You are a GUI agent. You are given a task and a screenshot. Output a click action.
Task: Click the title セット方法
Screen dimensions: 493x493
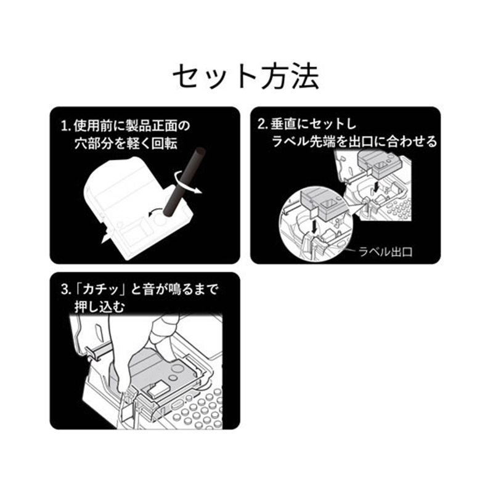tap(245, 77)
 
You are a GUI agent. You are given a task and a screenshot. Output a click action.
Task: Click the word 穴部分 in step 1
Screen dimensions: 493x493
tap(96, 142)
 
